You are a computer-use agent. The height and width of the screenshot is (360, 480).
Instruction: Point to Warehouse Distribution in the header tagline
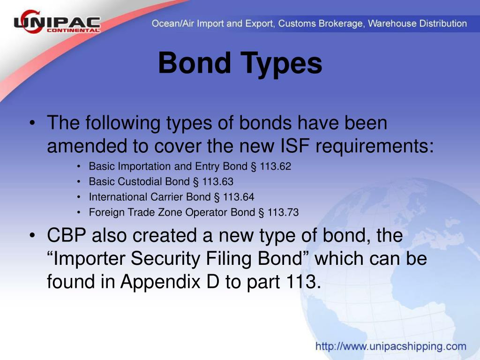coord(417,23)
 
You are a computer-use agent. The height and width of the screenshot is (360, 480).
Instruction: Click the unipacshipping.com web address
coord(391,347)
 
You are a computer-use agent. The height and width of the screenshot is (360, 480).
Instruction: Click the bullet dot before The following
coord(31,124)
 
